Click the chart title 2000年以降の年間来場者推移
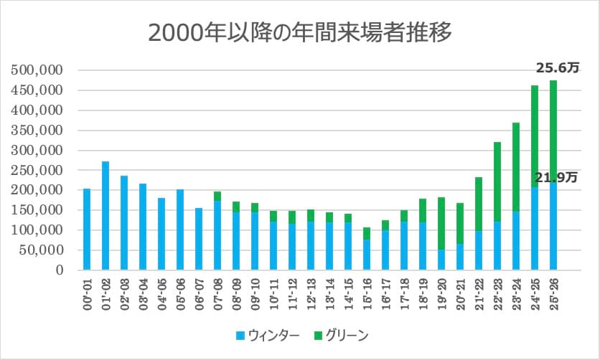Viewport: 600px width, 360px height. (x=300, y=32)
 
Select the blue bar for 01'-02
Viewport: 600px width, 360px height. (x=106, y=215)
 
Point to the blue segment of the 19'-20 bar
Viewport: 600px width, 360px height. (x=441, y=260)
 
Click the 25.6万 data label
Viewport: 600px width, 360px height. (x=558, y=68)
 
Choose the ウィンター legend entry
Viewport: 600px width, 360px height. (x=261, y=334)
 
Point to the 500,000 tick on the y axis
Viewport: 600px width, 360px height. (x=37, y=71)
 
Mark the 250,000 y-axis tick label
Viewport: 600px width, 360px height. (x=37, y=171)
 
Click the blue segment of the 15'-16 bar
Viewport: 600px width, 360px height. (x=367, y=255)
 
